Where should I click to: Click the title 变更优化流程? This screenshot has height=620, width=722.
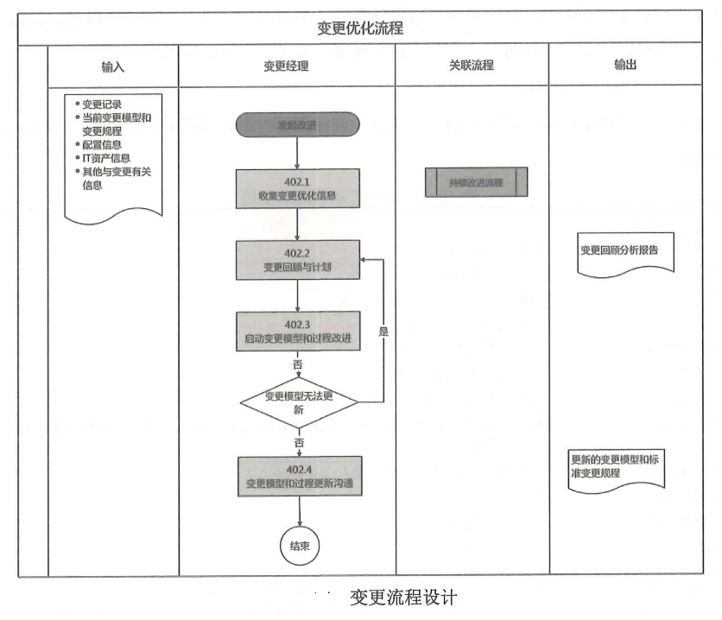(x=360, y=27)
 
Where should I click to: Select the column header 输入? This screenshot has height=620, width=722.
(x=113, y=65)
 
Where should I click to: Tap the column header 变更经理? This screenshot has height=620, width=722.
(x=286, y=65)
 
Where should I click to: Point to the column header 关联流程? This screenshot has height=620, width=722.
(x=471, y=65)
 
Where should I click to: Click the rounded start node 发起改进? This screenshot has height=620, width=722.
(x=297, y=124)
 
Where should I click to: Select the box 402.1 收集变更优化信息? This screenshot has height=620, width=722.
(x=297, y=189)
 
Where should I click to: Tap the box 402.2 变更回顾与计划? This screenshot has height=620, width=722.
(x=297, y=260)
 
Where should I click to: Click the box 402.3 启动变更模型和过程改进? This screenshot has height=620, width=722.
(x=297, y=330)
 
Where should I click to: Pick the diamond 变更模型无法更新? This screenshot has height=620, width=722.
(x=297, y=402)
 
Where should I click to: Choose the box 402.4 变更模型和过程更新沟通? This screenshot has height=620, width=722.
(x=297, y=476)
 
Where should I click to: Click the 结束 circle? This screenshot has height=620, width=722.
(x=300, y=545)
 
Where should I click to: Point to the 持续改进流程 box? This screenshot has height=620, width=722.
(x=476, y=182)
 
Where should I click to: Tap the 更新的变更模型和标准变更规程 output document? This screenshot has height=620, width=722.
(x=617, y=467)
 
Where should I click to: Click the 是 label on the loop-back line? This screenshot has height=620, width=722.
(x=383, y=331)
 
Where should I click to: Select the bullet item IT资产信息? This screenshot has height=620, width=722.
(x=106, y=158)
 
